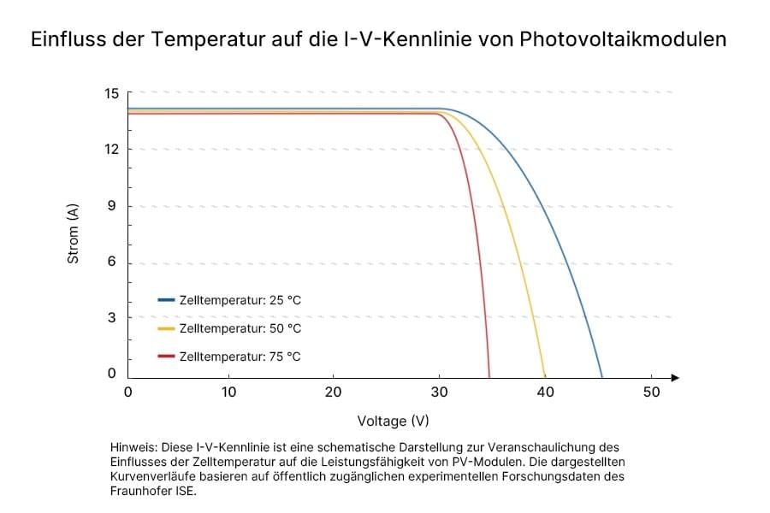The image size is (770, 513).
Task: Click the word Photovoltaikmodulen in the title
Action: [624, 39]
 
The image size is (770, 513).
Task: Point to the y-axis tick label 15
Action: [110, 93]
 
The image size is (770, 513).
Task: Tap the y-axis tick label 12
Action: [110, 150]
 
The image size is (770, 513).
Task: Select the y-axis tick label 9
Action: [114, 206]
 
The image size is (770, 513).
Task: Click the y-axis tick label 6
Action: [114, 262]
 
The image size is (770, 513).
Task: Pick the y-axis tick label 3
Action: [114, 317]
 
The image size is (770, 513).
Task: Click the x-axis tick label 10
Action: [228, 392]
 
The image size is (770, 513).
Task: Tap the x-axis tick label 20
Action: [334, 392]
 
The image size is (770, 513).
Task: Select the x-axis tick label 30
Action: [439, 392]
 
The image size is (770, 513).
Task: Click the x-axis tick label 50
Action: [650, 392]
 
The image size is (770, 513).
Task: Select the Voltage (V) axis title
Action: [393, 421]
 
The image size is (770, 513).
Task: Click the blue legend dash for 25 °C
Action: [166, 300]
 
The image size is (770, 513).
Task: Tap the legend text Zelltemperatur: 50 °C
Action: [240, 328]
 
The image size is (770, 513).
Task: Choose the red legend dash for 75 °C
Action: [166, 357]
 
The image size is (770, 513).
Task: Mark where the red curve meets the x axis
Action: [489, 377]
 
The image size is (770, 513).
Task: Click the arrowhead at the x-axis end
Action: [675, 377]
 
